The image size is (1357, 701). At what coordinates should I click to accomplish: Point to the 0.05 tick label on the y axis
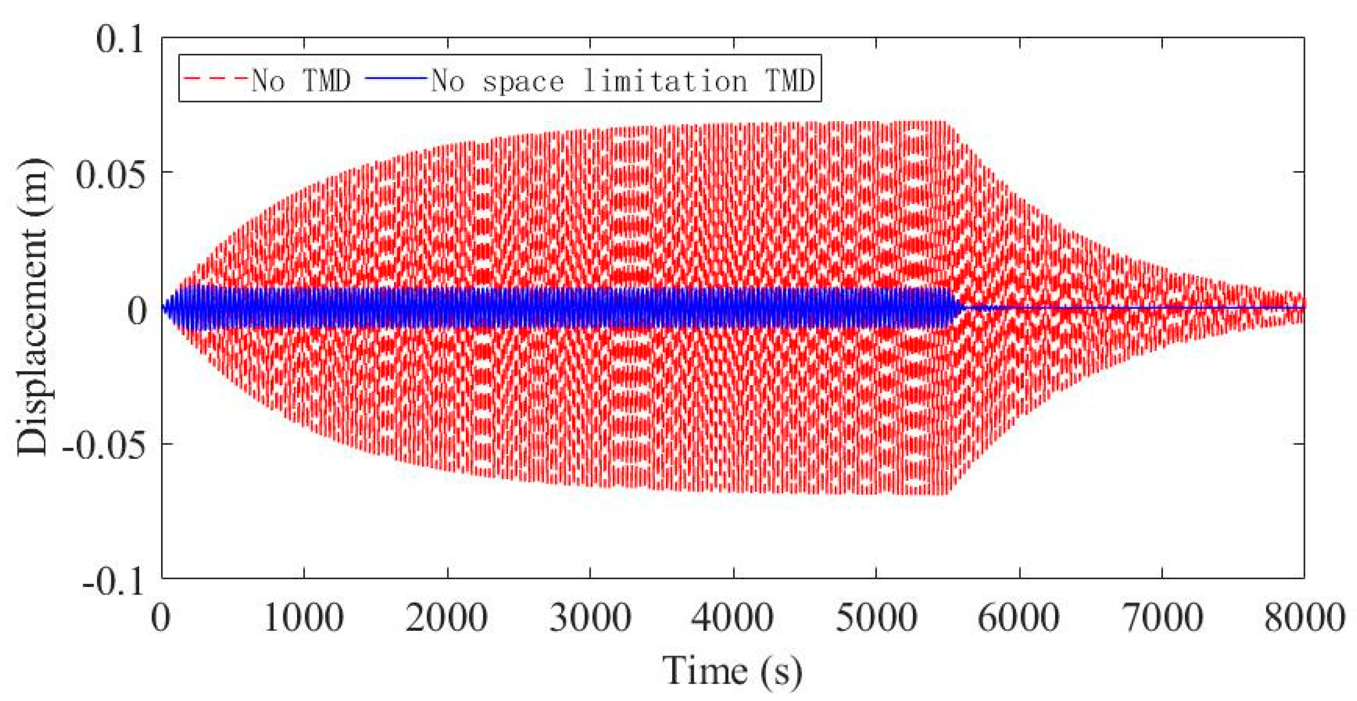111,175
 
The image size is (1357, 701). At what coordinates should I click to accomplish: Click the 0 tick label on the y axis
137,310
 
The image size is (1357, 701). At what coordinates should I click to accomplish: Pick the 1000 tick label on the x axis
304,618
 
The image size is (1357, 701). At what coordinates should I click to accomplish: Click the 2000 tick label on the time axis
447,618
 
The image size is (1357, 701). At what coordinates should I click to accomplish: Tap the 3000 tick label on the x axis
590,618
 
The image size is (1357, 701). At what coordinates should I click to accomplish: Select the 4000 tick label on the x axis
733,618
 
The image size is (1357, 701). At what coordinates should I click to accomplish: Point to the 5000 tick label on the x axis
876,618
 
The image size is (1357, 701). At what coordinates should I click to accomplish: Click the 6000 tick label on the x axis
1019,618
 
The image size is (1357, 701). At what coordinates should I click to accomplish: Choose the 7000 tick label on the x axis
1162,618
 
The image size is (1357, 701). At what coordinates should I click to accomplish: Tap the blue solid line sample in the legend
396,78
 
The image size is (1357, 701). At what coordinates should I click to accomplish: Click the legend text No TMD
301,81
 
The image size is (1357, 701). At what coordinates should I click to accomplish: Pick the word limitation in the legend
665,81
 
